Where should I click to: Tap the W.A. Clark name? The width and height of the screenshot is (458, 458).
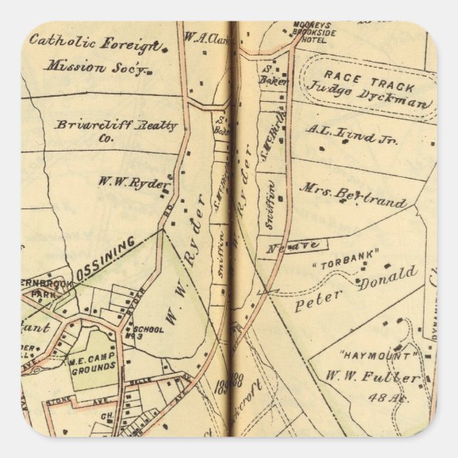[204, 36]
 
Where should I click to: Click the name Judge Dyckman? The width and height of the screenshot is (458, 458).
[369, 95]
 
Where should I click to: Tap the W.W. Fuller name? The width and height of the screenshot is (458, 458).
[373, 377]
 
